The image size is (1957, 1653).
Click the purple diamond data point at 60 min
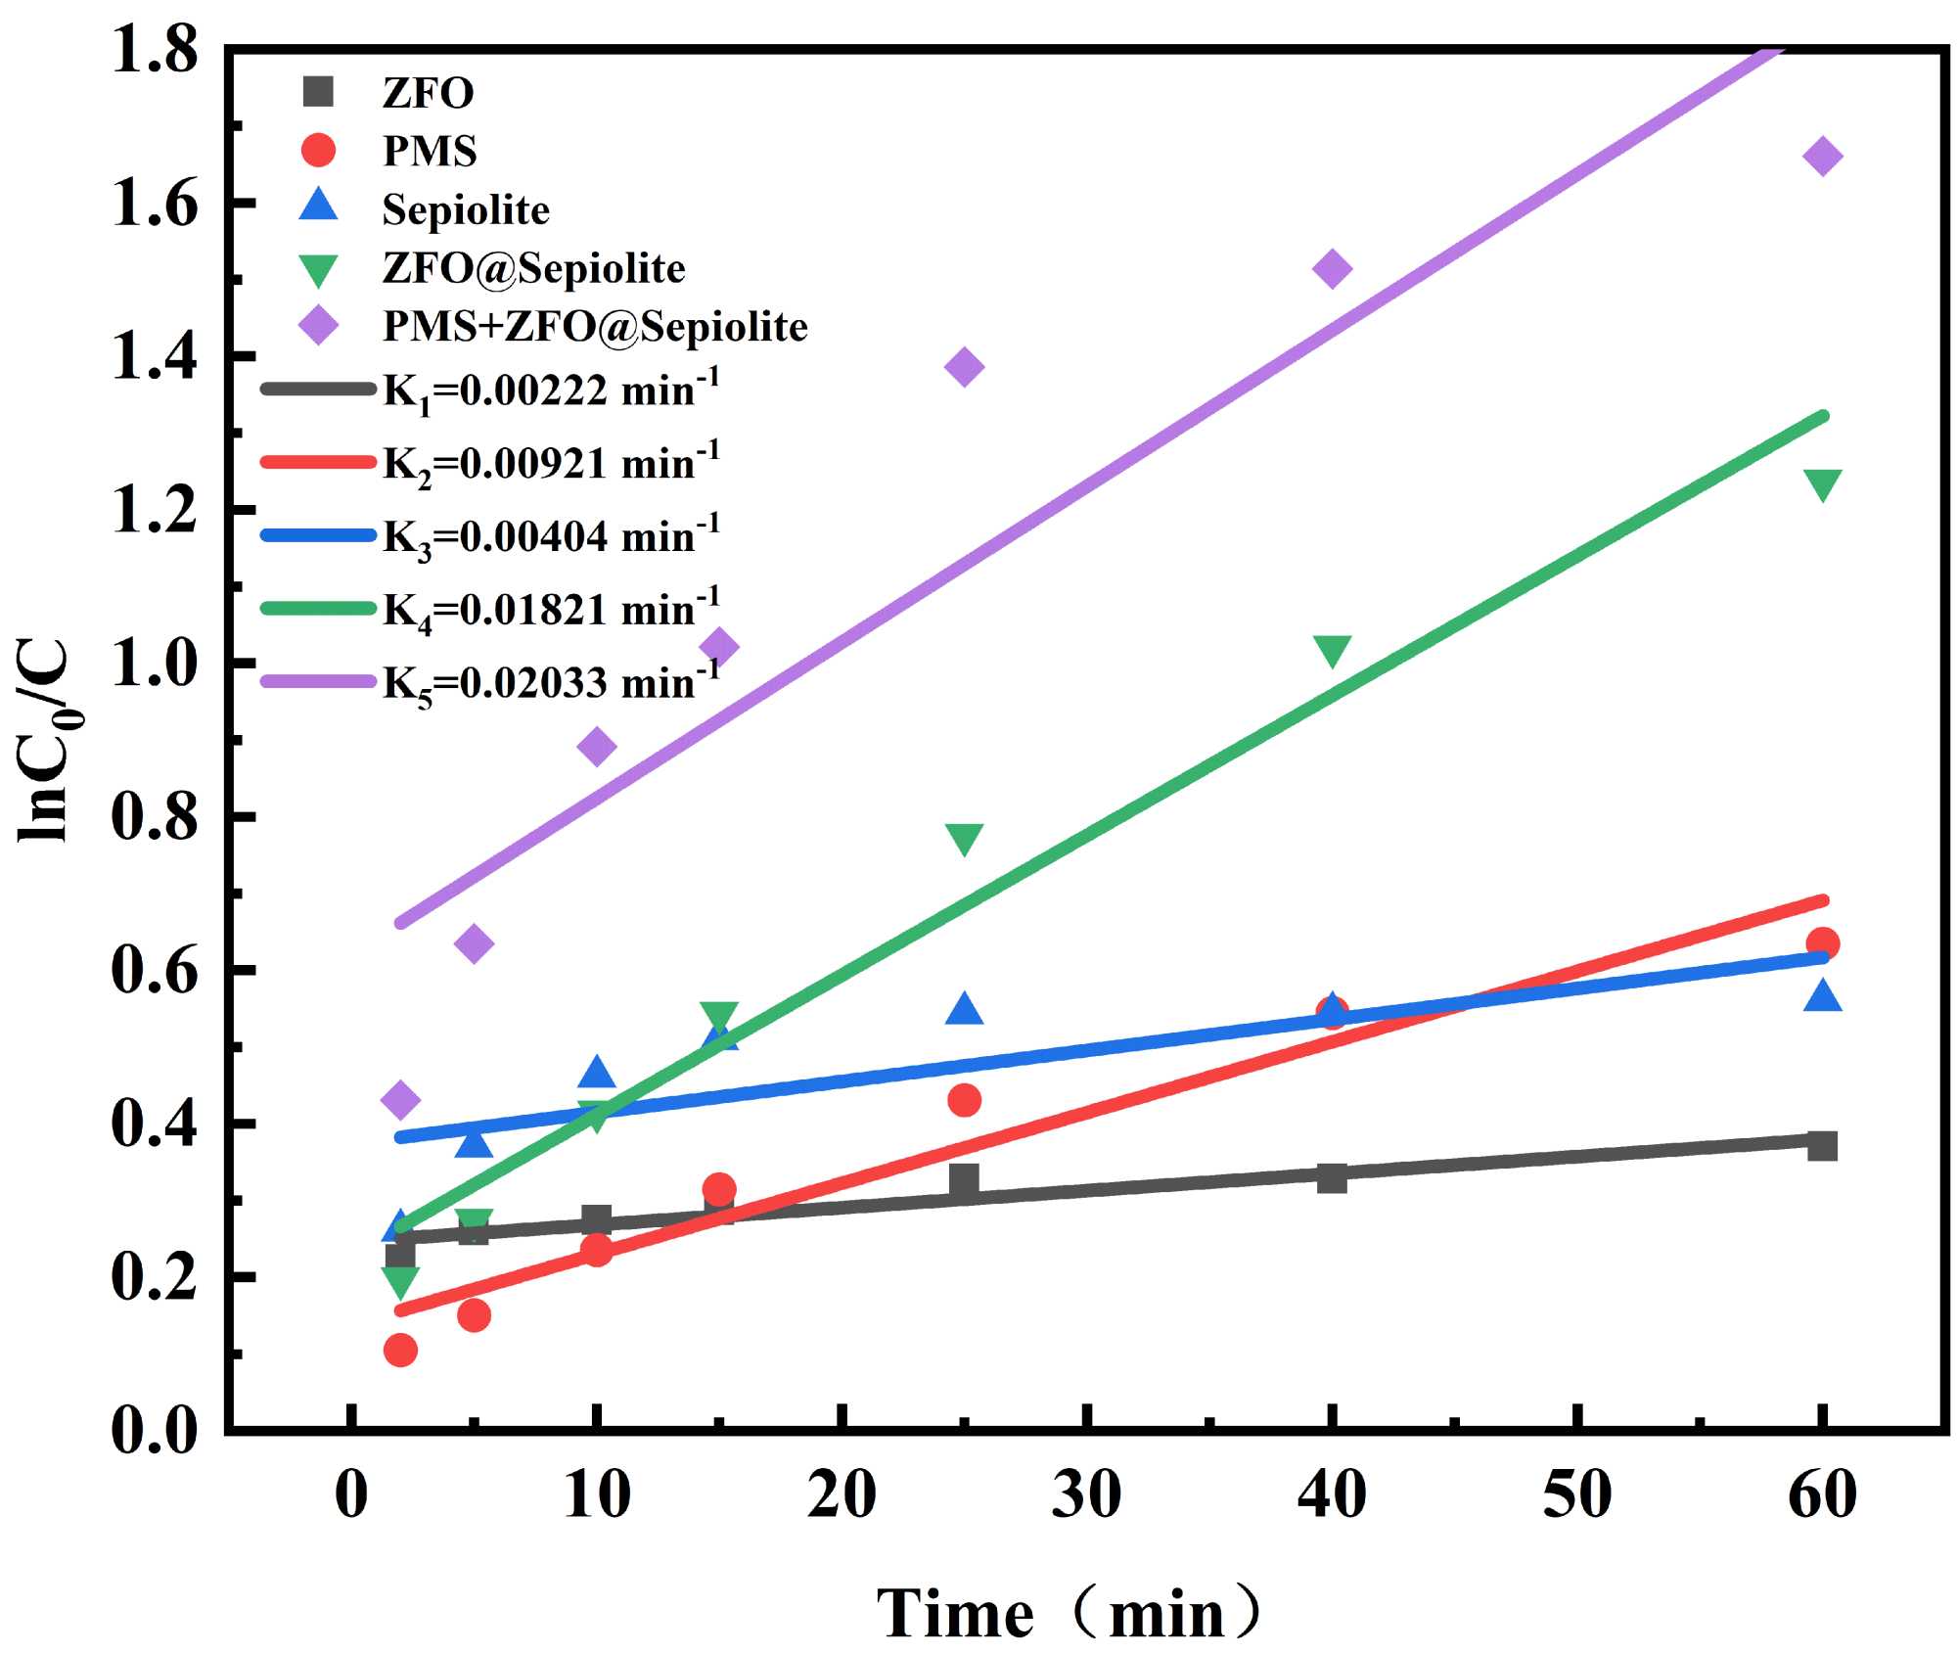pyautogui.click(x=1822, y=156)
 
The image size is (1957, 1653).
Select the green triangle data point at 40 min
pyautogui.click(x=1332, y=651)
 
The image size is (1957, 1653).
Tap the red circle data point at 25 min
pyautogui.click(x=964, y=1100)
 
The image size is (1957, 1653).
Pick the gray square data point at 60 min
pyautogui.click(x=1822, y=1145)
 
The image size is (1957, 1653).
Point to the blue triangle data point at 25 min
pyautogui.click(x=964, y=1009)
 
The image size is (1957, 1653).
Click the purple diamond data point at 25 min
pyautogui.click(x=964, y=367)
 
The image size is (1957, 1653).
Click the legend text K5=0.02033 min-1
pyautogui.click(x=551, y=682)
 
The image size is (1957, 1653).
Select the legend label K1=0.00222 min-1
pyautogui.click(x=551, y=390)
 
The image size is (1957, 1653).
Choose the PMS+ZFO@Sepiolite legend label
pyautogui.click(x=595, y=326)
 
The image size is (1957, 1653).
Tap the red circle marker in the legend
pyautogui.click(x=318, y=150)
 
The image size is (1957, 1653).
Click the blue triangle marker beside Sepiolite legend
pyautogui.click(x=318, y=207)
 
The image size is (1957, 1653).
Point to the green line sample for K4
pyautogui.click(x=318, y=609)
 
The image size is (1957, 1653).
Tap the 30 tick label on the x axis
pyautogui.click(x=1086, y=1495)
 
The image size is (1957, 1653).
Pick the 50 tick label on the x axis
pyautogui.click(x=1576, y=1495)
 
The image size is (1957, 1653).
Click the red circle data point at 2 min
pyautogui.click(x=400, y=1351)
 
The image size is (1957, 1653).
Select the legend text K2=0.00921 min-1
pyautogui.click(x=551, y=463)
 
